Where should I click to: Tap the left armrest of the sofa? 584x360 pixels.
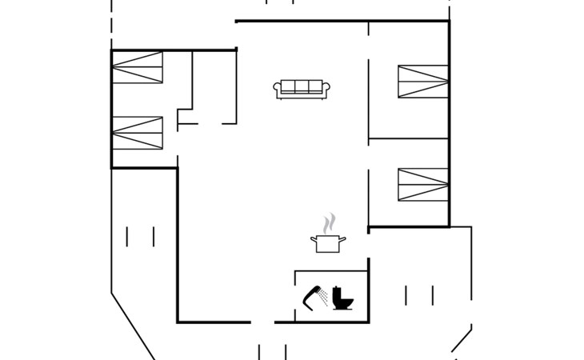pyautogui.click(x=277, y=90)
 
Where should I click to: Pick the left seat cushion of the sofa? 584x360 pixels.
pyautogui.click(x=289, y=87)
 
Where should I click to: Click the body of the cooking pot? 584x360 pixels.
pyautogui.click(x=326, y=245)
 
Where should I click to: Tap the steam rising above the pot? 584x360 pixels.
pyautogui.click(x=327, y=222)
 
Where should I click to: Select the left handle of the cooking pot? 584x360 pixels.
pyautogui.click(x=313, y=238)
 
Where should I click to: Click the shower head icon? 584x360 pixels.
pyautogui.click(x=310, y=298)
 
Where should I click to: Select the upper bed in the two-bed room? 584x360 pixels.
pyautogui.click(x=138, y=68)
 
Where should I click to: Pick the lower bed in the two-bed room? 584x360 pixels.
pyautogui.click(x=138, y=133)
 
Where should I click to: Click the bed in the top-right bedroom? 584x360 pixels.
pyautogui.click(x=422, y=82)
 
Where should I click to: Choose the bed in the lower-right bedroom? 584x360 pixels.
pyautogui.click(x=422, y=185)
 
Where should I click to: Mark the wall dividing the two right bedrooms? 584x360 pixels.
pyautogui.click(x=408, y=138)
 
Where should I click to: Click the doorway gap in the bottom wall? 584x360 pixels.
pyautogui.click(x=262, y=322)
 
